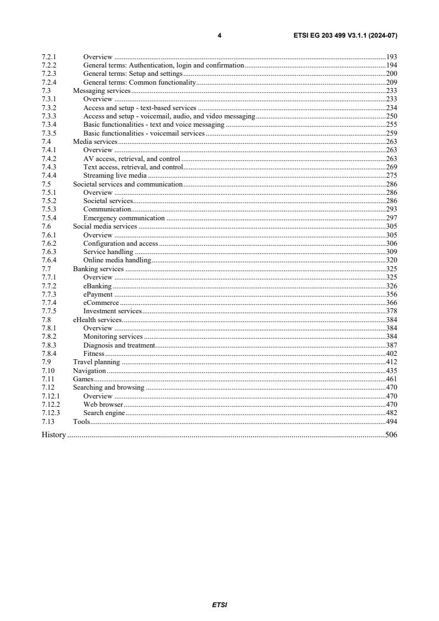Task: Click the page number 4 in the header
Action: coord(219,35)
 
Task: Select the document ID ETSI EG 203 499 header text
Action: coord(345,35)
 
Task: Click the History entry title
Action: coord(54,435)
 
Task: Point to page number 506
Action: coord(391,435)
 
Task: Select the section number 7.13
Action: coord(48,422)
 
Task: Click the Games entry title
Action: coord(83,379)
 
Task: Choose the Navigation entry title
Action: coord(89,371)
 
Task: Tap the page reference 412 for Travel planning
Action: coord(391,362)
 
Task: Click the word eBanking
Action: coord(97,286)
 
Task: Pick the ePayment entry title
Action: coord(98,294)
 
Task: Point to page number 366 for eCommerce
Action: coord(391,303)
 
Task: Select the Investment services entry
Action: coord(112,312)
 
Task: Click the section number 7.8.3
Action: coord(50,345)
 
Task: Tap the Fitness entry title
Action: coord(94,354)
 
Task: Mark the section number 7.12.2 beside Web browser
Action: coord(51,405)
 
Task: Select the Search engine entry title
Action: coord(104,413)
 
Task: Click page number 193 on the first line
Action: coord(391,56)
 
